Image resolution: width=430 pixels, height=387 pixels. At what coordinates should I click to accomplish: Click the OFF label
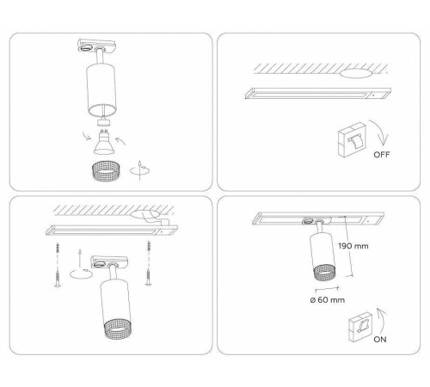pos(382,155)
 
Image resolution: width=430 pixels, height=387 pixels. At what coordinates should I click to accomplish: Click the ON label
pos(380,340)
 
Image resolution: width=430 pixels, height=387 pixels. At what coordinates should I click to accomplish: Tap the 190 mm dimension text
pos(353,246)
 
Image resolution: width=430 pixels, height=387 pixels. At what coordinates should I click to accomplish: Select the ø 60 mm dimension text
pos(328,300)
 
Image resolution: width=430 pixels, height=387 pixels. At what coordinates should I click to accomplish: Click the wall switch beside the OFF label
pos(352,140)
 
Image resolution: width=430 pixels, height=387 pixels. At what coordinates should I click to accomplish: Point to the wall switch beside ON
pos(360,328)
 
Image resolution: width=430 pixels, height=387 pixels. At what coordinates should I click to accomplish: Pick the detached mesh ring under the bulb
pos(105,170)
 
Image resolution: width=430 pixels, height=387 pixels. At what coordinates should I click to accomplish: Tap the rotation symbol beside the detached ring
pos(140,170)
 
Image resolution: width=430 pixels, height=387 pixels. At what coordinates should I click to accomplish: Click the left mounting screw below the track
pos(58,265)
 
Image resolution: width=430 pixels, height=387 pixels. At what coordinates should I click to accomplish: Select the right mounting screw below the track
pos(148,263)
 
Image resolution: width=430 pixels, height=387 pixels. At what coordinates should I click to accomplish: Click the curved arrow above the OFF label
pos(379,132)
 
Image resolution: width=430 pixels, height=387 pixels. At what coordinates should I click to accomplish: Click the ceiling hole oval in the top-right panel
pos(356,73)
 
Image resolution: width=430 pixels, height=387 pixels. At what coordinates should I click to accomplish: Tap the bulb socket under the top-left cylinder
pos(103,121)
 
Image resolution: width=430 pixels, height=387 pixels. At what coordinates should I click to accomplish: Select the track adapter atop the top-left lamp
pos(96,46)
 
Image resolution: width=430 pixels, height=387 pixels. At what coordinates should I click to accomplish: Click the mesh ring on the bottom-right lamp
pos(324,273)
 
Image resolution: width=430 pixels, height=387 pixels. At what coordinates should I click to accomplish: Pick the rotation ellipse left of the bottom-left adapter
pos(81,273)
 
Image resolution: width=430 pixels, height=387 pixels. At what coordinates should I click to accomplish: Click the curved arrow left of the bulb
pos(86,135)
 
